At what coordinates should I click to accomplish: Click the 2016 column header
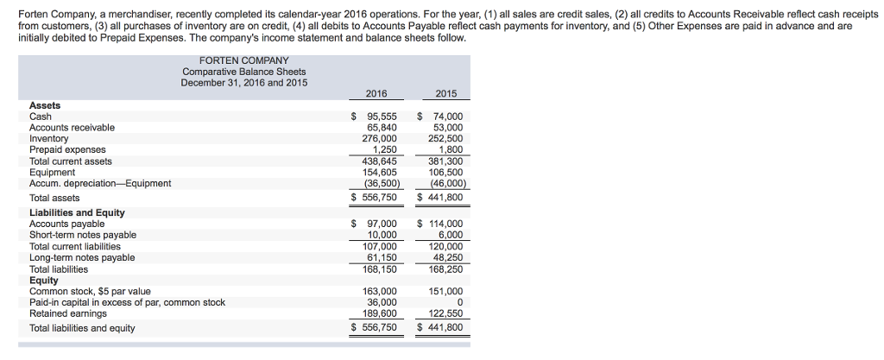(x=376, y=93)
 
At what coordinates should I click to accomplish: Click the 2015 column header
(x=446, y=93)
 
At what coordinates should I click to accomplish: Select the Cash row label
(x=41, y=117)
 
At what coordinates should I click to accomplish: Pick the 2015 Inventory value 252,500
(x=445, y=139)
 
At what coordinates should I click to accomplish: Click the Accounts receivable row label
(x=72, y=128)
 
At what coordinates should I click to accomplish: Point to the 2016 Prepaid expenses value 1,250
(x=384, y=150)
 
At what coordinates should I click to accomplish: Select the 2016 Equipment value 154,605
(x=380, y=172)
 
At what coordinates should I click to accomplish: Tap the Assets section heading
(x=45, y=105)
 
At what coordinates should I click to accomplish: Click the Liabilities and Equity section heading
(x=77, y=212)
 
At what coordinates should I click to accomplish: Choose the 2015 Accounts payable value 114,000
(x=445, y=224)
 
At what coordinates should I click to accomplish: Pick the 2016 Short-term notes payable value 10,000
(x=382, y=235)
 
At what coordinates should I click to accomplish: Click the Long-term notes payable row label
(x=82, y=257)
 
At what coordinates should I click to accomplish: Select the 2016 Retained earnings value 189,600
(x=380, y=313)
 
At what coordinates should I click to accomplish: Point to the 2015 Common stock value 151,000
(x=445, y=291)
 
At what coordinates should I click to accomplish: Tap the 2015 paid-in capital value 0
(x=460, y=302)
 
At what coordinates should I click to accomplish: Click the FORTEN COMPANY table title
(x=243, y=60)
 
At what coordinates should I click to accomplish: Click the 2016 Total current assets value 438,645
(x=380, y=161)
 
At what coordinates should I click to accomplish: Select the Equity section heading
(x=44, y=280)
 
